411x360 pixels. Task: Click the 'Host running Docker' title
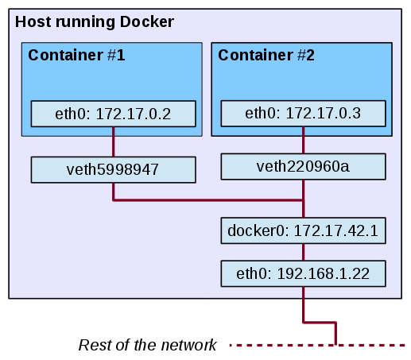(95, 22)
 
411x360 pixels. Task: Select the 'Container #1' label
(76, 55)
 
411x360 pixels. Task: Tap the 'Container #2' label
(266, 55)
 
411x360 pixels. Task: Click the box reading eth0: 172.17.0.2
(114, 114)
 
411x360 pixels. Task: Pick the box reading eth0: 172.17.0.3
(304, 114)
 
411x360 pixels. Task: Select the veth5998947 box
(114, 170)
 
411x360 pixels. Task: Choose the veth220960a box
(304, 167)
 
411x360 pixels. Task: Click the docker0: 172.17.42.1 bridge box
(304, 230)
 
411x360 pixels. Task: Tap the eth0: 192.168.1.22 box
(304, 273)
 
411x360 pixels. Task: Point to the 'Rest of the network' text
(147, 345)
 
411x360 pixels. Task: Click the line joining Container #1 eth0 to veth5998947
(114, 142)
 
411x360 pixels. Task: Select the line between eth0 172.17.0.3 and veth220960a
(304, 140)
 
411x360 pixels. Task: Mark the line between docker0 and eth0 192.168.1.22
(304, 252)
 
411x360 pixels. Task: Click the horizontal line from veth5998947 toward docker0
(208, 200)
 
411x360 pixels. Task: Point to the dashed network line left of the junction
(281, 345)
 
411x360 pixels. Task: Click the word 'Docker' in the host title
(147, 22)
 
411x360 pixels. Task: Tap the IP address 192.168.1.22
(324, 273)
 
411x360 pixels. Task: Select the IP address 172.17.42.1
(336, 230)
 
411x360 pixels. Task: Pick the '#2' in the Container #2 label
(306, 55)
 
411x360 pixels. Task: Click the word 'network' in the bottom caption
(188, 345)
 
